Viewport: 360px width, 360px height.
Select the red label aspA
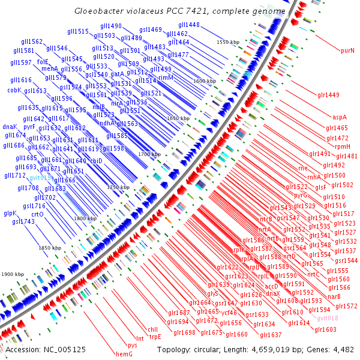pos(340,117)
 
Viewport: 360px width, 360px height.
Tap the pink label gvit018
pos(328,318)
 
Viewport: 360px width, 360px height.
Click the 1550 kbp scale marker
pos(228,42)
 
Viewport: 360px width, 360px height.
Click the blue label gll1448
pos(189,25)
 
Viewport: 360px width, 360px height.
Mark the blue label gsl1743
pos(23,221)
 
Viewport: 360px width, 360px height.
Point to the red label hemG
pos(124,354)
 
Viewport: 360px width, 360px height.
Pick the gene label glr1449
pos(329,95)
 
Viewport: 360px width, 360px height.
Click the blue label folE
pos(43,61)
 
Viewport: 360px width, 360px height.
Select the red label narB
pos(334,296)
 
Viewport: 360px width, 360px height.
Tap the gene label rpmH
pos(343,146)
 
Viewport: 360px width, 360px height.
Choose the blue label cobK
pos(14,90)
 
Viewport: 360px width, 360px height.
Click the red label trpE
pos(155,337)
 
